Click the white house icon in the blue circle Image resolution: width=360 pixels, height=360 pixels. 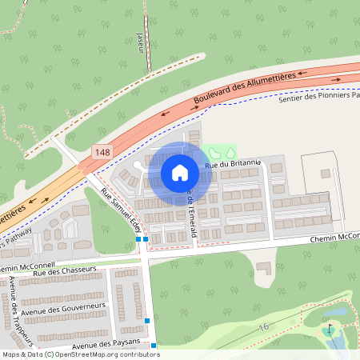(x=180, y=172)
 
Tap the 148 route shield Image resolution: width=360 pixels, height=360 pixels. (x=102, y=151)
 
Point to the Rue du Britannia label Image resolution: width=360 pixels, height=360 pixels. (x=234, y=163)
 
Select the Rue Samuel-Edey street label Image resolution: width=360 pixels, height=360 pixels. (x=120, y=210)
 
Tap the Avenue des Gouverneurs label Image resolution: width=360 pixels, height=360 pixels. (x=66, y=308)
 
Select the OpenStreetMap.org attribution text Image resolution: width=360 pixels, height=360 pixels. (x=104, y=354)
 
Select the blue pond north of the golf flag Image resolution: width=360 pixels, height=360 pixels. (x=337, y=313)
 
